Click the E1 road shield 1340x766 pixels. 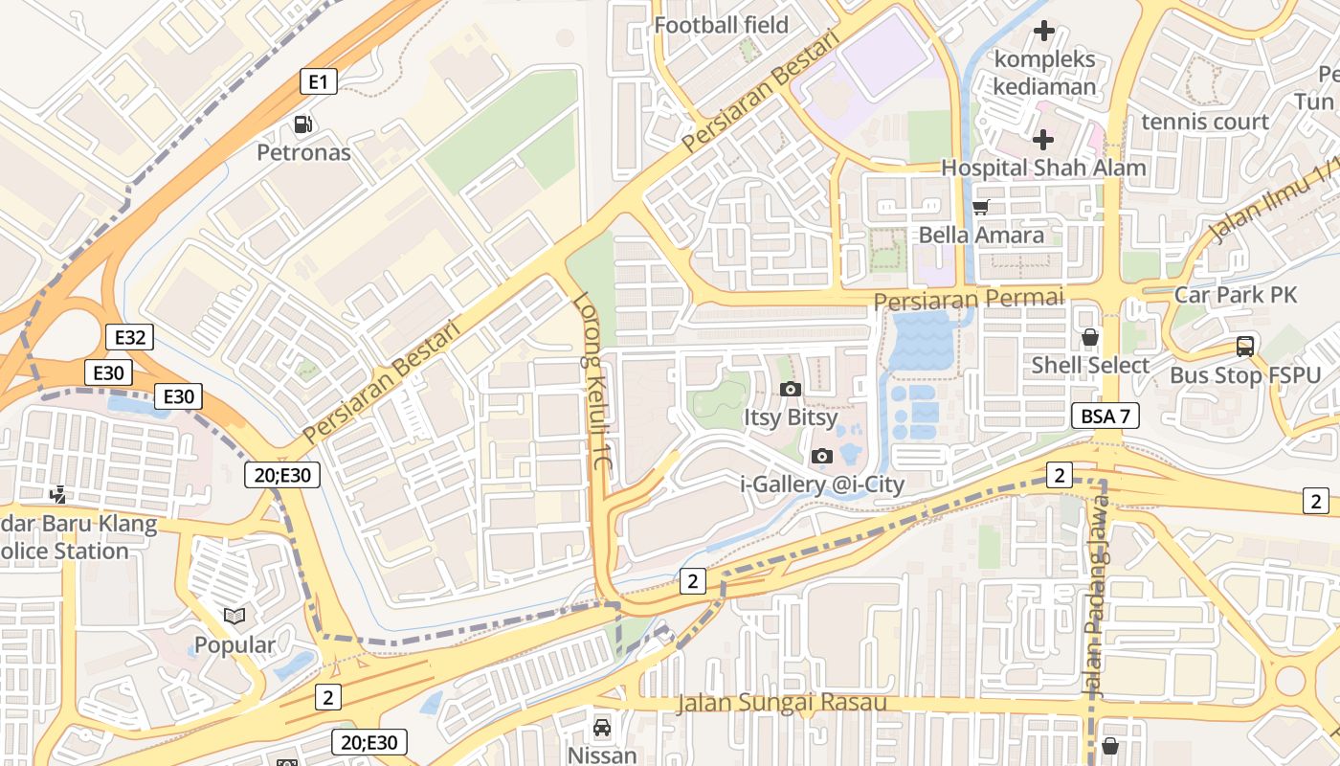(319, 82)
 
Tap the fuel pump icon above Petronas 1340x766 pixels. (303, 124)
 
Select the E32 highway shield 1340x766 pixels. (129, 337)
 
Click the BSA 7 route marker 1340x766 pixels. (1105, 416)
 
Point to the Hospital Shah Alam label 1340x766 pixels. (1043, 168)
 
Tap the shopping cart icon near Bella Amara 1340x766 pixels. (980, 207)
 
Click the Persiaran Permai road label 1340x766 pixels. (968, 300)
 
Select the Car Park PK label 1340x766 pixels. (1235, 295)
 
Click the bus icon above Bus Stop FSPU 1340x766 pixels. (1244, 347)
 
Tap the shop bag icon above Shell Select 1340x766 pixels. (1089, 337)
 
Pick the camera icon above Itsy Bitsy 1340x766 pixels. (791, 389)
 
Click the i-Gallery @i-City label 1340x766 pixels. (822, 484)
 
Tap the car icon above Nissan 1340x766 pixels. (602, 728)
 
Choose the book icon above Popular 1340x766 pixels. (234, 616)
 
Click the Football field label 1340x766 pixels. (721, 25)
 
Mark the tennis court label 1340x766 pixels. (1204, 122)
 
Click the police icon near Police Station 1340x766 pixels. (58, 494)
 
